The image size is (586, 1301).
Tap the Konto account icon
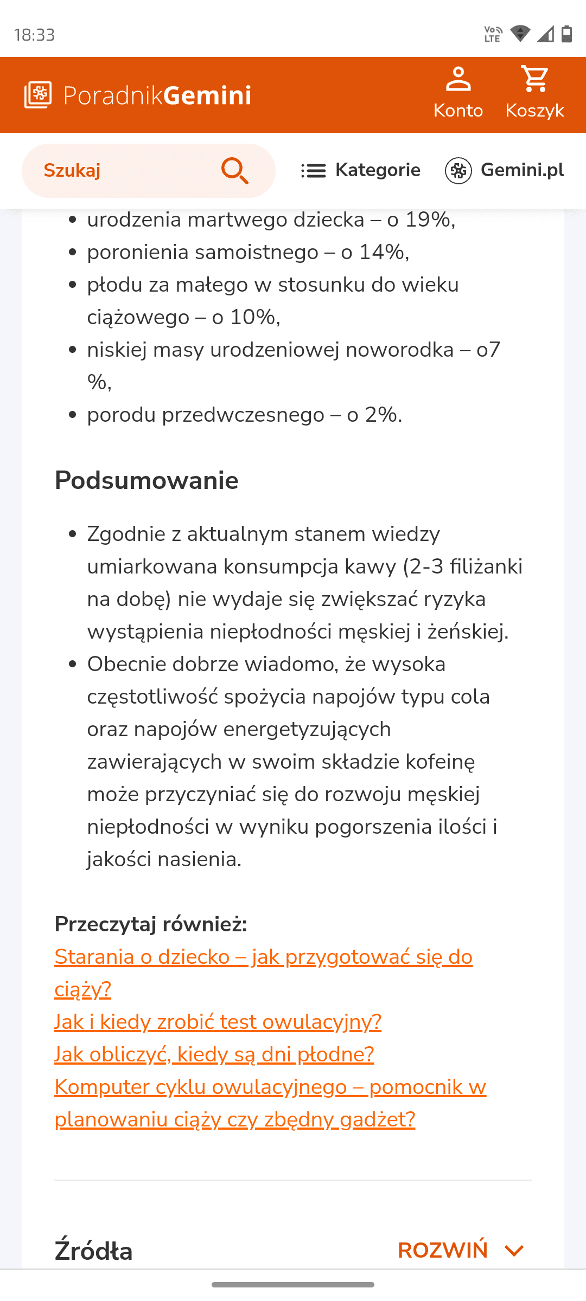coord(458,80)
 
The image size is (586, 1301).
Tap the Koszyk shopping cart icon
coord(534,80)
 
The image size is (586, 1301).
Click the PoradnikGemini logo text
coord(157,95)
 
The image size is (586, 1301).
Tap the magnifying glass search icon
coord(235,171)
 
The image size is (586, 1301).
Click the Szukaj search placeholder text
coord(72,171)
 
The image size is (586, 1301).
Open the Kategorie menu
coord(361,170)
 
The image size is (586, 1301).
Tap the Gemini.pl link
coord(505,170)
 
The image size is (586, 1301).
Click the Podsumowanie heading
coord(146,480)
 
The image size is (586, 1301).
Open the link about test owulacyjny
coord(218,1022)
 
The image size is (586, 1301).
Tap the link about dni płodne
coord(214,1054)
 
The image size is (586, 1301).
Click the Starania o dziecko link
coord(263,957)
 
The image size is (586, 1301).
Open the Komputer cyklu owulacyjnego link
coord(270,1087)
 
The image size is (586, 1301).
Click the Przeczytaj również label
coord(151,924)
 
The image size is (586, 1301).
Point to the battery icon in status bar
coord(567,34)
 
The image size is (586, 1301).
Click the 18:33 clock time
coord(34,35)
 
